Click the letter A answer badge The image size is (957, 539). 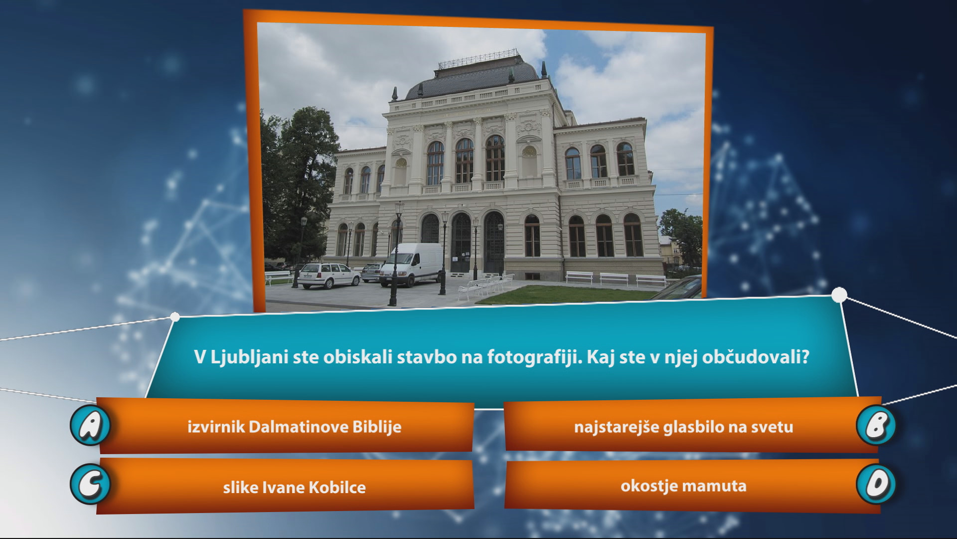90,425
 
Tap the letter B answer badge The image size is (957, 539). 876,425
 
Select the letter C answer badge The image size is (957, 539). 90,484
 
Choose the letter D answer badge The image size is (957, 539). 876,484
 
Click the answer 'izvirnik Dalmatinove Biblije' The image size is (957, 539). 294,427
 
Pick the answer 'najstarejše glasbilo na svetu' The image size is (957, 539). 683,427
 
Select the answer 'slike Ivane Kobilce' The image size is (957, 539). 294,487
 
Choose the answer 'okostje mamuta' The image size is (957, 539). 683,486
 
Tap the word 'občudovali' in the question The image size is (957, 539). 756,357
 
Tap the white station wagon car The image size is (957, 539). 328,275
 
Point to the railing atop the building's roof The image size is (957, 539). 478,59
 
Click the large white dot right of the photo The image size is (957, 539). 840,295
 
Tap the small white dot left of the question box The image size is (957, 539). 175,316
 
